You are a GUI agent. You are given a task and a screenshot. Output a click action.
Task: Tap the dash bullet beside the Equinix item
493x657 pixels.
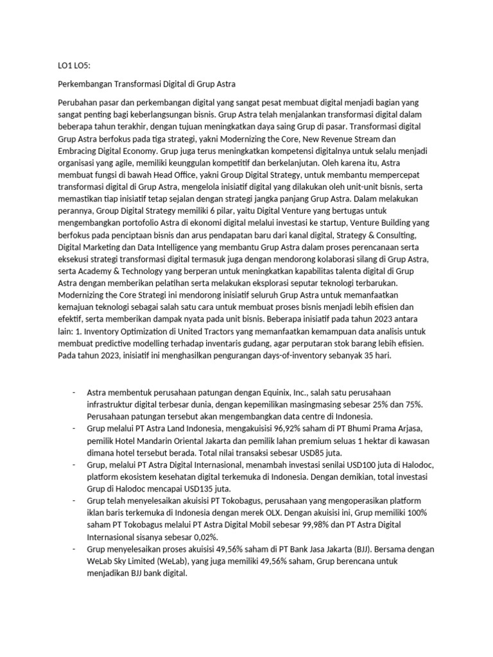click(74, 393)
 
